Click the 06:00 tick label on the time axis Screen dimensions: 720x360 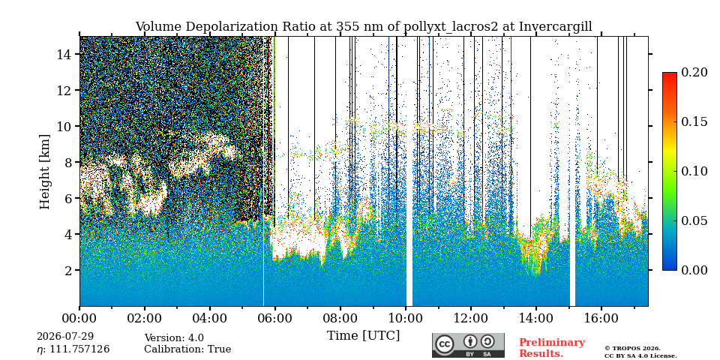[275, 318]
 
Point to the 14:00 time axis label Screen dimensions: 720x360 [535, 318]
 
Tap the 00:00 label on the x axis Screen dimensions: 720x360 [80, 318]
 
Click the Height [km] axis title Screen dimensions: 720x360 [44, 172]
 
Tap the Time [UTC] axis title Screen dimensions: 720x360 [363, 336]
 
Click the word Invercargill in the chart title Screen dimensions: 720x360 [556, 27]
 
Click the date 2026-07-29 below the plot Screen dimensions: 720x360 [65, 337]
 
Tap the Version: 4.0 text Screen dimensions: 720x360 [174, 338]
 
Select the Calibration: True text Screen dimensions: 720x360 [187, 349]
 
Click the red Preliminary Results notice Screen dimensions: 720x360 [552, 348]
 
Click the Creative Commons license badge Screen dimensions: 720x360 [468, 345]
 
